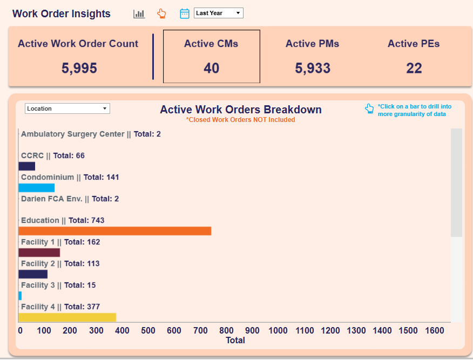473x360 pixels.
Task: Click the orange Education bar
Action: tap(114, 231)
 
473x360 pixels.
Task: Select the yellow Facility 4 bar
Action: tap(67, 317)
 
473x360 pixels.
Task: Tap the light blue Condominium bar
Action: tap(36, 188)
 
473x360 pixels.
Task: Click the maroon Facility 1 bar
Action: tap(39, 253)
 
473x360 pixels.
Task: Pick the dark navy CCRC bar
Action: tap(26, 166)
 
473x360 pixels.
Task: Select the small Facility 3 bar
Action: tap(20, 296)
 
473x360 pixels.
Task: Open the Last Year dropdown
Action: tap(218, 13)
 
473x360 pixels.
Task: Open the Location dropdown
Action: tap(67, 108)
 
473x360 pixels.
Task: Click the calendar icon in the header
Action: tap(185, 13)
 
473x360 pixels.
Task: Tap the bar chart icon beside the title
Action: tap(139, 13)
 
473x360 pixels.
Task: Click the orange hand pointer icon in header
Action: tap(161, 13)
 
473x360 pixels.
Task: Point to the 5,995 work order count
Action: tap(79, 68)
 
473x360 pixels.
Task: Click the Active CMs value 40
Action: tap(211, 68)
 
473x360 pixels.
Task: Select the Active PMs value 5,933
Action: tap(313, 68)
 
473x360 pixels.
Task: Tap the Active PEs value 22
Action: tap(414, 68)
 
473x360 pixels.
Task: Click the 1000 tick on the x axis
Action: tap(278, 330)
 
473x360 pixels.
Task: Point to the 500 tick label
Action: tap(148, 330)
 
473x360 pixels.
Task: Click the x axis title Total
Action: tap(235, 340)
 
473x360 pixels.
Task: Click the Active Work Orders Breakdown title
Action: tap(240, 110)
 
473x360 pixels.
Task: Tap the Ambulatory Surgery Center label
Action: tap(72, 134)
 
